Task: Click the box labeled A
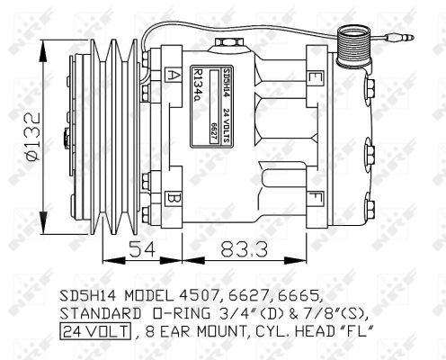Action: point(173,75)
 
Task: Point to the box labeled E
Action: point(312,77)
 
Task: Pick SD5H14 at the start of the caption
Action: point(89,293)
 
